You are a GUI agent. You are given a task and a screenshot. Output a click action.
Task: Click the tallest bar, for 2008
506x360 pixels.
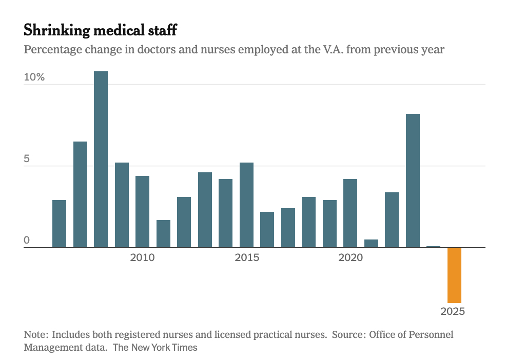[101, 159]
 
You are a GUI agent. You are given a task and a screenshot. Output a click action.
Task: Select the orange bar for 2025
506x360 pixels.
[454, 275]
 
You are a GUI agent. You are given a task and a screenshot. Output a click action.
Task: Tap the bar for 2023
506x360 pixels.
[413, 181]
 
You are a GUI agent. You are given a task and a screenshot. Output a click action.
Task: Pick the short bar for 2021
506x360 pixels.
[371, 244]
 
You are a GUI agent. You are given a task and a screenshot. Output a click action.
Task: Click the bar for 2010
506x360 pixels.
[142, 211]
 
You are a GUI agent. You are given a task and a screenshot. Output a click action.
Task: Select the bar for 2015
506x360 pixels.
[246, 205]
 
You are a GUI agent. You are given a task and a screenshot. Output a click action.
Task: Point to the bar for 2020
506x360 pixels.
[351, 213]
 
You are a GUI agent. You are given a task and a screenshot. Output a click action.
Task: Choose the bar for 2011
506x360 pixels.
[163, 233]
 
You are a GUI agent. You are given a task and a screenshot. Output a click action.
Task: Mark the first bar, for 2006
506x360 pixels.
[59, 224]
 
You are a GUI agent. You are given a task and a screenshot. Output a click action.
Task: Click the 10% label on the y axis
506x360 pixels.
[34, 77]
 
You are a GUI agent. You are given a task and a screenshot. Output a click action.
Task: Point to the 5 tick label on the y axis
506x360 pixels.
[27, 159]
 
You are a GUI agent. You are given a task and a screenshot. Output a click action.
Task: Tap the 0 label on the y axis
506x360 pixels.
[27, 241]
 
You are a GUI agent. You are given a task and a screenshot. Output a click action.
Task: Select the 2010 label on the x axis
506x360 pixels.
[142, 257]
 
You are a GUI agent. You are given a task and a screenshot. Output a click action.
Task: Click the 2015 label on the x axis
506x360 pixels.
[247, 257]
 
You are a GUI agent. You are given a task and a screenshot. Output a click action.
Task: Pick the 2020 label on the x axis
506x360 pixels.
[351, 257]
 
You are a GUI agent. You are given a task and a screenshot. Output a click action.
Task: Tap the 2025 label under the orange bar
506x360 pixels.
[453, 311]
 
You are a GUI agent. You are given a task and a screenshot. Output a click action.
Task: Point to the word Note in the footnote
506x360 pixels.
[35, 334]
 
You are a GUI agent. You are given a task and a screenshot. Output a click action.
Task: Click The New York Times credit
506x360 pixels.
[155, 347]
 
